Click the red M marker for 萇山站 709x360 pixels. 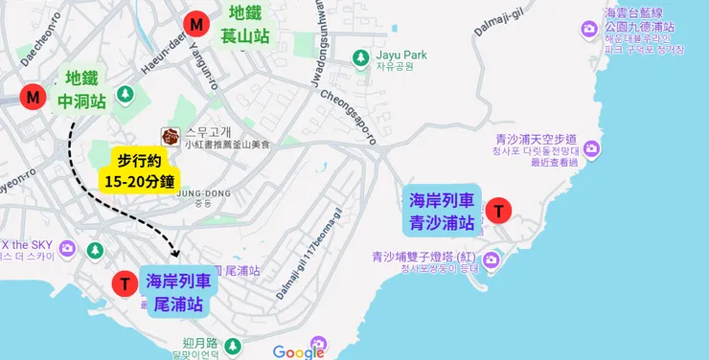click(x=196, y=24)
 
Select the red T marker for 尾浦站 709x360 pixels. click(x=124, y=284)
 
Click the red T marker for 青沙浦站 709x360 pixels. click(x=499, y=212)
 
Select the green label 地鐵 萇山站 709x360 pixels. click(x=246, y=24)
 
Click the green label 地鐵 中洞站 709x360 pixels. click(x=81, y=88)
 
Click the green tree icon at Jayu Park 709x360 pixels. click(x=361, y=58)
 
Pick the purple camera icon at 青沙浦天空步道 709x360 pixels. click(x=591, y=148)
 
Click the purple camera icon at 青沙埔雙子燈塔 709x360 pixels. click(x=492, y=259)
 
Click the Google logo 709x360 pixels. click(x=298, y=352)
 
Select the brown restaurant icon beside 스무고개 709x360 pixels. click(x=171, y=136)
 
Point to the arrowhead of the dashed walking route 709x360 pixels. click(x=175, y=253)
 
